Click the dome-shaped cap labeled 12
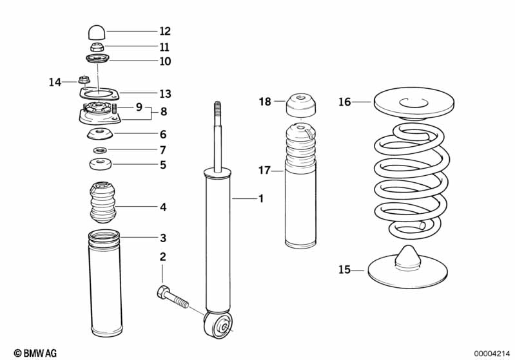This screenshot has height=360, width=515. [x=97, y=32]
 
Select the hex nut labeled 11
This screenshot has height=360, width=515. [x=97, y=47]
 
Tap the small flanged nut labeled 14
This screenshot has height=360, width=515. [x=84, y=80]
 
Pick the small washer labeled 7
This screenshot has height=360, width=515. [x=100, y=150]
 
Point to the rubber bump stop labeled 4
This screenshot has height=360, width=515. [x=103, y=204]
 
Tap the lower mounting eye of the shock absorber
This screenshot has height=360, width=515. [x=219, y=324]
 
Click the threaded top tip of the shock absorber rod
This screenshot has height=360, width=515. [x=217, y=106]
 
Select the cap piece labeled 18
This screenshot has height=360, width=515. [x=301, y=106]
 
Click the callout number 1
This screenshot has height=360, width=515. [x=261, y=198]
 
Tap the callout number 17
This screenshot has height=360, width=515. [x=264, y=170]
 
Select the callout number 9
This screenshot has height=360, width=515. [x=139, y=107]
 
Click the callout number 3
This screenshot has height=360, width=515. [x=163, y=238]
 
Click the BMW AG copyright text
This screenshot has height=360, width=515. [x=35, y=353]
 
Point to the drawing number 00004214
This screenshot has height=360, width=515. [x=492, y=354]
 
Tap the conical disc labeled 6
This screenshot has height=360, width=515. [x=100, y=135]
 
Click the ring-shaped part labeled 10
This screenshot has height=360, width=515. [x=97, y=60]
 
